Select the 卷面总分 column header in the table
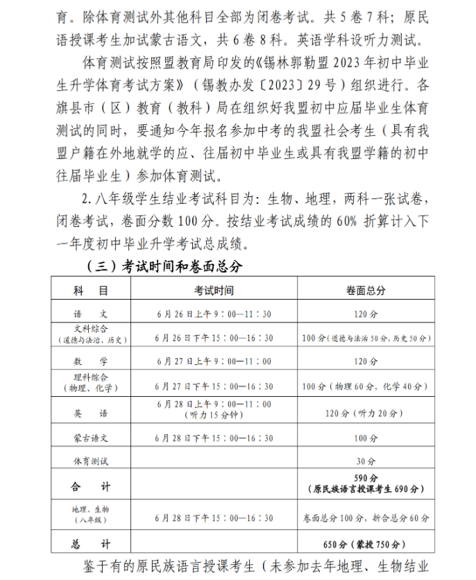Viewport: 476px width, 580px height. [366, 289]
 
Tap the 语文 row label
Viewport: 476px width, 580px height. [91, 314]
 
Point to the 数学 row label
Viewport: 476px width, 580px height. [91, 361]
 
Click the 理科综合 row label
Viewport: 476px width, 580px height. [91, 382]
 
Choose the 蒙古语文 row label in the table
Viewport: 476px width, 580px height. [91, 438]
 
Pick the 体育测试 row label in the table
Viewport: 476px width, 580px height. [91, 461]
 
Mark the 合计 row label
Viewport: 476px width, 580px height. [91, 486]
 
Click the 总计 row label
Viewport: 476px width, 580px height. [91, 543]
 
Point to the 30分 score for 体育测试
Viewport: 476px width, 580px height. [366, 461]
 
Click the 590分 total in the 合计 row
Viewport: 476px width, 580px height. [366, 479]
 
